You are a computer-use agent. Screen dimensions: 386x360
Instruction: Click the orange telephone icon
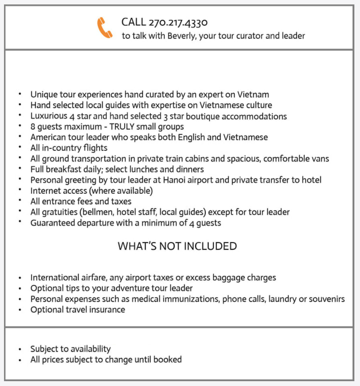(104, 28)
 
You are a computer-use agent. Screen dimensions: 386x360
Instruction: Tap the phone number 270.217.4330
(178, 23)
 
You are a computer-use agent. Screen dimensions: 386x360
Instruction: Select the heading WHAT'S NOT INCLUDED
(177, 246)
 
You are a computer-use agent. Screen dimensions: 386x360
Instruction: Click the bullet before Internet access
(20, 191)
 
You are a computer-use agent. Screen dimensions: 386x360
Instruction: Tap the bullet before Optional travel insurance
(20, 310)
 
